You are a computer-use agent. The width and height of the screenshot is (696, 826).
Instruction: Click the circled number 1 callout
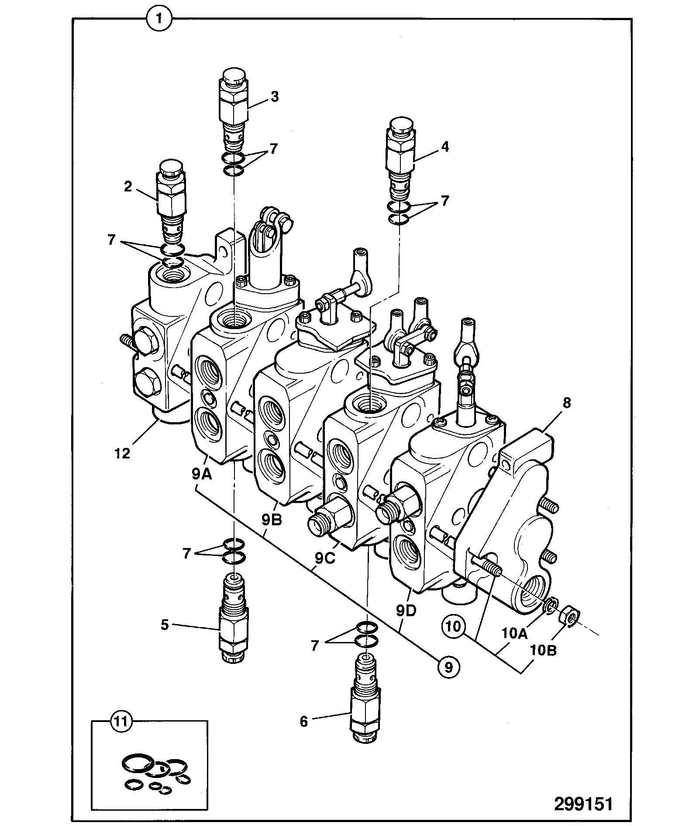(160, 19)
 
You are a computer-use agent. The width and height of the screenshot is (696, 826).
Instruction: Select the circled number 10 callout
(454, 626)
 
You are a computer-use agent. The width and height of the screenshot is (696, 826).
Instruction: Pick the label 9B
(271, 520)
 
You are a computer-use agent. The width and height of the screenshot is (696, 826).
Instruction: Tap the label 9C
(325, 558)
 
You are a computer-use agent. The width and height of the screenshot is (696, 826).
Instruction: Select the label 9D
(407, 611)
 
